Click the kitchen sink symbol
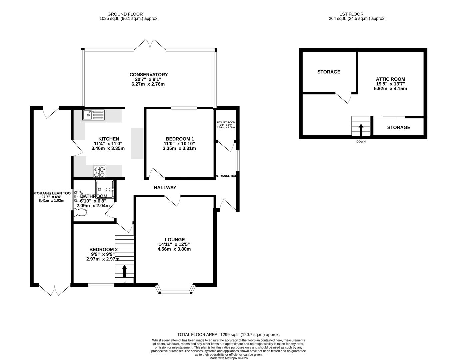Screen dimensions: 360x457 point(94,115)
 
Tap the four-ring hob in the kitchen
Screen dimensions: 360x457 point(99,171)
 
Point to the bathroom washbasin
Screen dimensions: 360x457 point(78,194)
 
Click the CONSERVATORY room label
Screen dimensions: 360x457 point(148,75)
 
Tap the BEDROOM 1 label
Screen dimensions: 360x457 point(180,139)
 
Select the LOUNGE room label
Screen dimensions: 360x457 point(174,239)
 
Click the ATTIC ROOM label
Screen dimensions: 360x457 point(390,79)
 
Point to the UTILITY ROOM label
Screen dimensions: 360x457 point(226,123)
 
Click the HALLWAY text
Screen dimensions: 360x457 point(165,188)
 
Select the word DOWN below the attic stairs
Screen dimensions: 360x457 point(361,142)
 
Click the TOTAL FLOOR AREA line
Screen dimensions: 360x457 point(228,334)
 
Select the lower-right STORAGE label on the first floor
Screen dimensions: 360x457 point(398,127)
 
